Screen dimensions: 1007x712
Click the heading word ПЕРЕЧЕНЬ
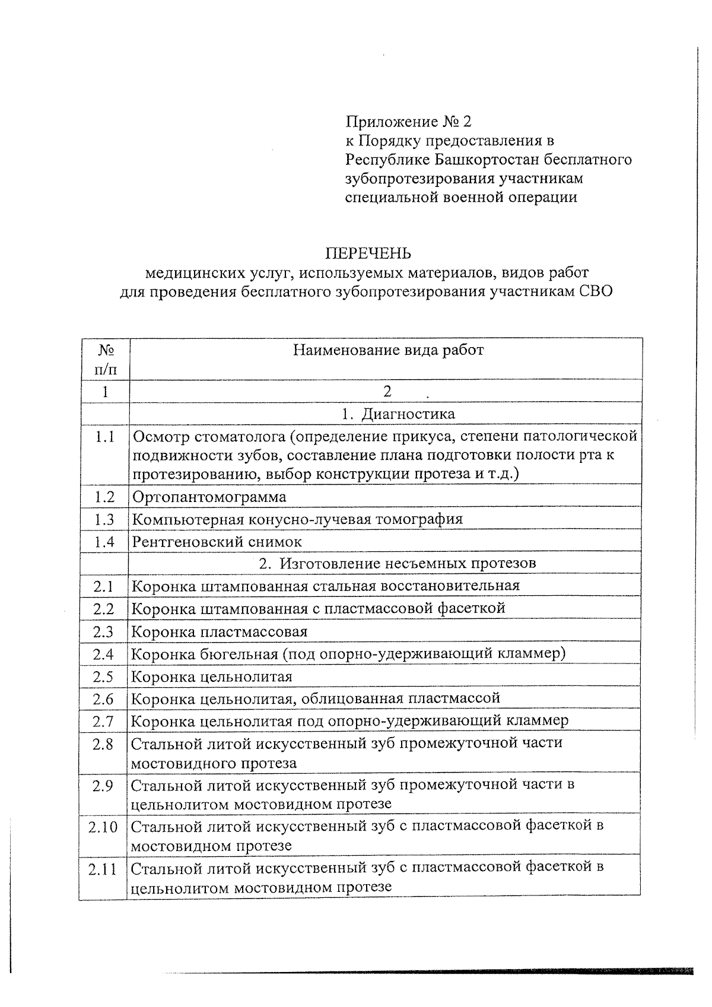(367, 254)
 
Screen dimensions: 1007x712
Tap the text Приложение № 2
(409, 122)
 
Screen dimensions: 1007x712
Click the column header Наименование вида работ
(389, 350)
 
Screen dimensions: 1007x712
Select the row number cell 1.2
(104, 497)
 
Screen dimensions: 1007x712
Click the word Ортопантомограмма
(209, 497)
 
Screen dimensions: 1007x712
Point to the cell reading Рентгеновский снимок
(217, 541)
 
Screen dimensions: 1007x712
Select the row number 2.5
(103, 676)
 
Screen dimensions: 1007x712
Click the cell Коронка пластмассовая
(219, 631)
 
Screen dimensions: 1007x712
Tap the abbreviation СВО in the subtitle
(596, 291)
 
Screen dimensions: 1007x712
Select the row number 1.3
(104, 519)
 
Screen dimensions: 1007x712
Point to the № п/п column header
(105, 360)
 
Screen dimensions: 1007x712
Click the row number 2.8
(103, 744)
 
